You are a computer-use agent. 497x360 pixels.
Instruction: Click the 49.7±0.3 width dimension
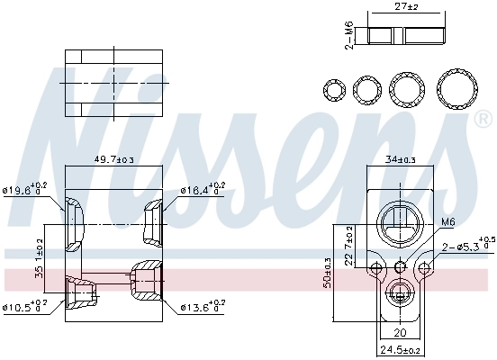coord(114,159)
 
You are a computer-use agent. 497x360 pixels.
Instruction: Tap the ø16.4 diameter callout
coord(203,190)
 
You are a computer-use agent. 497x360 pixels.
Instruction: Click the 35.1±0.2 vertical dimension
coord(39,257)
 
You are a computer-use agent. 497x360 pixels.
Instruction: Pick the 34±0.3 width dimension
coord(401,159)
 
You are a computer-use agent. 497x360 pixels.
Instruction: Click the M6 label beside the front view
coord(448,222)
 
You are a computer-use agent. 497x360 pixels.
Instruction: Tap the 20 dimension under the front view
coord(401,331)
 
